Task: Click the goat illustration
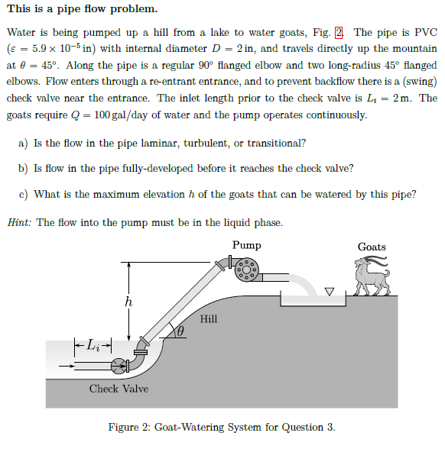coord(372,278)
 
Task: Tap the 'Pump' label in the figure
coord(246,245)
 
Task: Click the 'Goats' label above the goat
coord(372,247)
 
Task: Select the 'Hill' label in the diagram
coord(209,318)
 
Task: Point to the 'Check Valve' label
coord(119,389)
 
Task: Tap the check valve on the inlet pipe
coord(119,365)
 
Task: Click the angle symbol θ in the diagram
coord(181,332)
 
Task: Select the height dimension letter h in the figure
coord(128,302)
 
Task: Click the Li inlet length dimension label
coord(93,344)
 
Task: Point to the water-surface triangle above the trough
coord(330,291)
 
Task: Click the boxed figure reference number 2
coord(339,32)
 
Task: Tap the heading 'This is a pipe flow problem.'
coord(82,9)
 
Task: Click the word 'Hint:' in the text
coord(20,222)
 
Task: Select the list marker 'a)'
coord(23,143)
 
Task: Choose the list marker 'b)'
coord(23,169)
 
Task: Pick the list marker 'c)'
coord(23,194)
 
